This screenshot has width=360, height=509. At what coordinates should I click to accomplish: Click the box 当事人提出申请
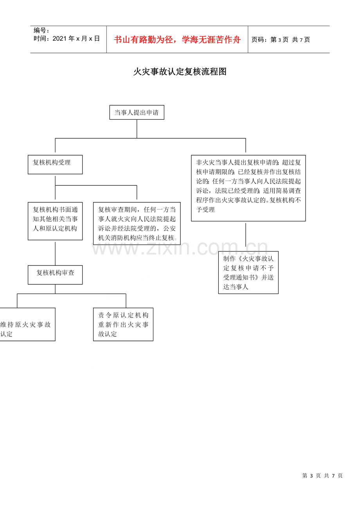[137, 112]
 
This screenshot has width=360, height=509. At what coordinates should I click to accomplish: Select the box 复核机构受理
[55, 165]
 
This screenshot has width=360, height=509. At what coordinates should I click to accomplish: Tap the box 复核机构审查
[55, 275]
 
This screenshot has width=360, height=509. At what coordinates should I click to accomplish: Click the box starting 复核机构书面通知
[55, 221]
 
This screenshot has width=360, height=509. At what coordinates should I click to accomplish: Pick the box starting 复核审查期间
[137, 223]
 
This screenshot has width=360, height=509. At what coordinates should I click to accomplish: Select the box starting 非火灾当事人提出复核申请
[248, 188]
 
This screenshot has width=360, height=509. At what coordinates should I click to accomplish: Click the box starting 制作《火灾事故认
[248, 272]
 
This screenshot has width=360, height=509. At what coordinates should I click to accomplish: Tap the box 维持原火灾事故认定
[27, 324]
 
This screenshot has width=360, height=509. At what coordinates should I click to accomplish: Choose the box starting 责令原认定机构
[123, 324]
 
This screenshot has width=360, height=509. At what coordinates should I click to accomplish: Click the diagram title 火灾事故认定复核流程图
[180, 72]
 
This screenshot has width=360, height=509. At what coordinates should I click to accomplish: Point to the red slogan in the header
[177, 39]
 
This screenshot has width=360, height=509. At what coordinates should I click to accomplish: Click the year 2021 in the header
[60, 39]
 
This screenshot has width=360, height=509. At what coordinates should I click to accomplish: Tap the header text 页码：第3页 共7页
[281, 40]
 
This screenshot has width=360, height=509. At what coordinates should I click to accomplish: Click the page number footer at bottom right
[322, 476]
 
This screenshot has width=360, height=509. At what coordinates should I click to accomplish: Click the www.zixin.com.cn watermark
[180, 247]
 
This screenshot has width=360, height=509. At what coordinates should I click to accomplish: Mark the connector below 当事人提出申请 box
[137, 129]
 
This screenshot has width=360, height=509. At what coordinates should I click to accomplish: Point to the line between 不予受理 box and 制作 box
[246, 235]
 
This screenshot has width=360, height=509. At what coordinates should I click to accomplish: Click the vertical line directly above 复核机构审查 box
[55, 254]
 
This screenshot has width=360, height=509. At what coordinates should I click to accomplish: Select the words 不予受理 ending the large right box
[205, 210]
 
